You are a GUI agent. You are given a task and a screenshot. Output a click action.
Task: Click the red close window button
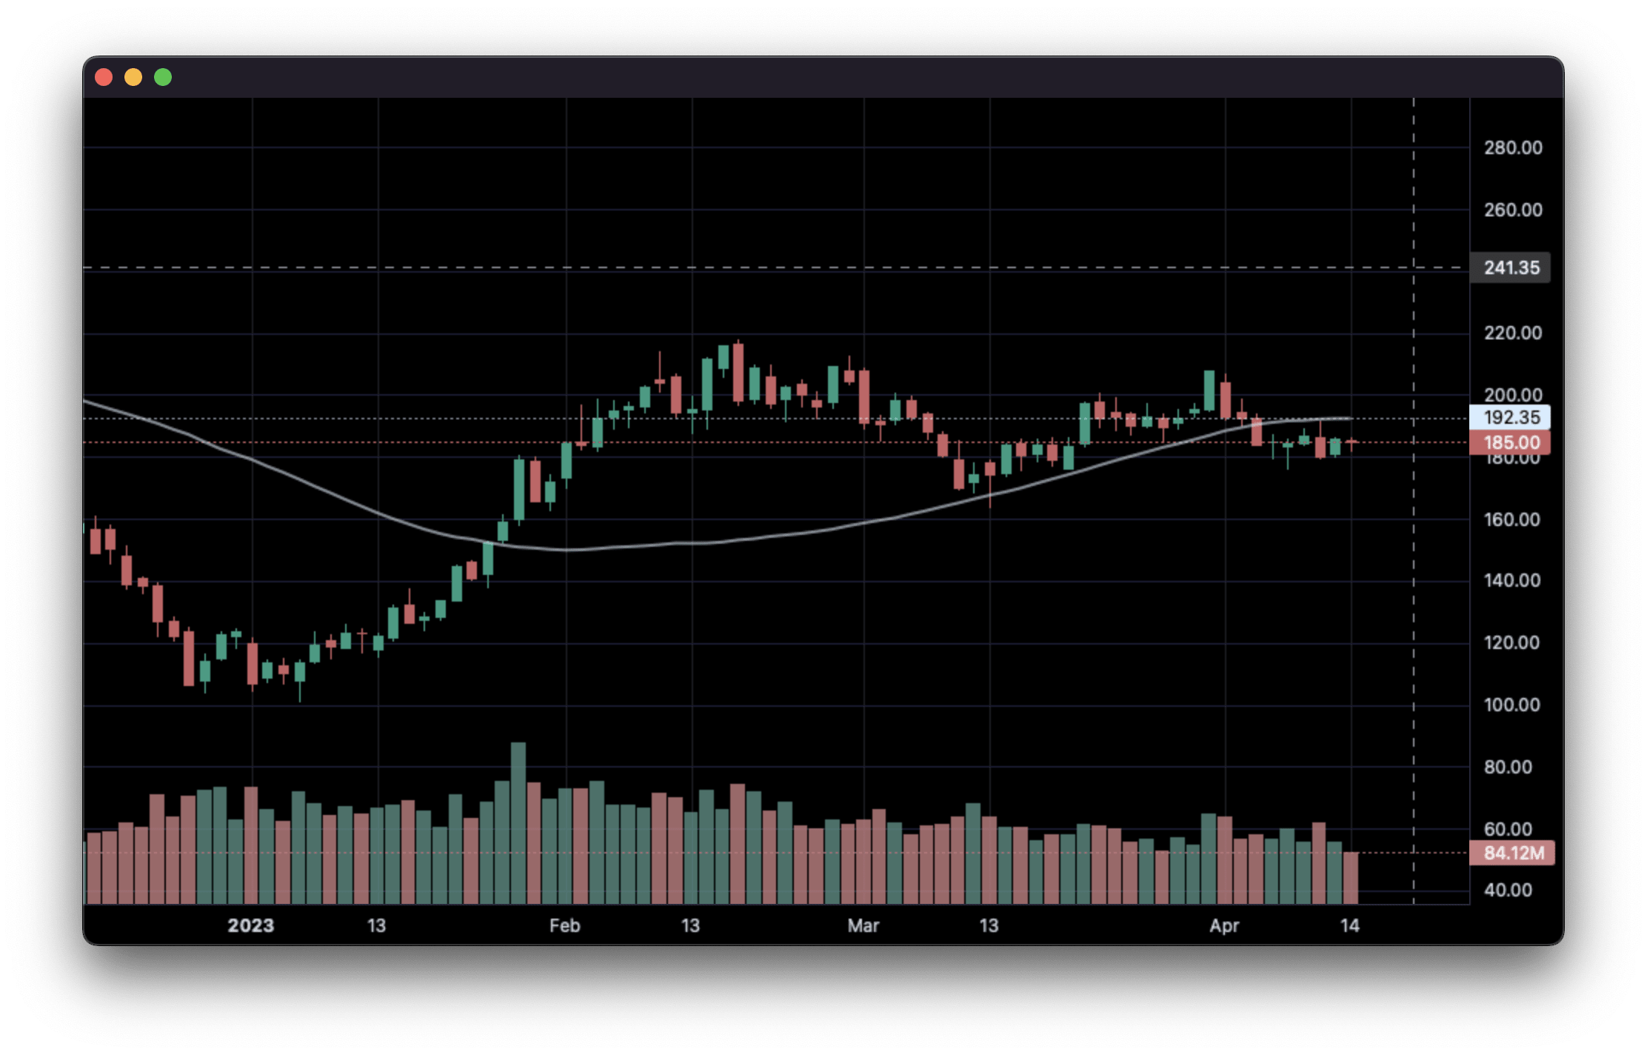[104, 77]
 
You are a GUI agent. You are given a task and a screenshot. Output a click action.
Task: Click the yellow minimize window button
[133, 77]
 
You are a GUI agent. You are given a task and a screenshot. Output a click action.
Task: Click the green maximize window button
[163, 77]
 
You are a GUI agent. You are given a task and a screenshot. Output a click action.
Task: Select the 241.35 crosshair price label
[1511, 267]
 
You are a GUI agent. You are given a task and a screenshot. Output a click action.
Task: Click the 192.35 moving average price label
[1511, 417]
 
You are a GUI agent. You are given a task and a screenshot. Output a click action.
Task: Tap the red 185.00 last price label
[1511, 442]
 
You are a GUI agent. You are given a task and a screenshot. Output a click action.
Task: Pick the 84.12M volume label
[1512, 853]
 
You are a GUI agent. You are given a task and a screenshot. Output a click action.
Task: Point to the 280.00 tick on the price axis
[1512, 148]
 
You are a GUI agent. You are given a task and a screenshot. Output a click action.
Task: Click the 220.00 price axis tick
[1512, 333]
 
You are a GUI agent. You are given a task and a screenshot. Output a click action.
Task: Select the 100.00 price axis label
[1512, 705]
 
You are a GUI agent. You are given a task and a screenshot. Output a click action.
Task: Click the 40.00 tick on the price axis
[1508, 890]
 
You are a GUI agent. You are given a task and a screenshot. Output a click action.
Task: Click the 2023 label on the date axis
[250, 925]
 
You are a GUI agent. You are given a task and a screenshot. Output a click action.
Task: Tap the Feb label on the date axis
[564, 925]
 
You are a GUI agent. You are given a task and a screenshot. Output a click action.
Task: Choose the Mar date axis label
[863, 925]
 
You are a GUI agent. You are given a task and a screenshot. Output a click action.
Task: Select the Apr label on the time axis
[1224, 925]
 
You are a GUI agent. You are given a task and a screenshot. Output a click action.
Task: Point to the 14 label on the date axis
[1349, 925]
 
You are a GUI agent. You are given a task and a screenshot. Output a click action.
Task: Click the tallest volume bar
[518, 822]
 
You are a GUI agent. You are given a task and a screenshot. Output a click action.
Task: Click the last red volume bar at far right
[1351, 878]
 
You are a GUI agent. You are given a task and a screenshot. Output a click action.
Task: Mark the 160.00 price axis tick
[1512, 519]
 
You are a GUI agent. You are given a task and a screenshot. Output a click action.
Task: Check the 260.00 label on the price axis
[1512, 210]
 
